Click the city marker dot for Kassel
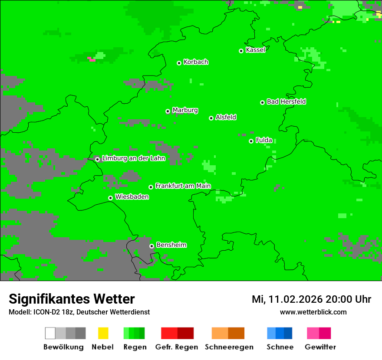[x=241, y=51]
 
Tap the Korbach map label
[x=196, y=62]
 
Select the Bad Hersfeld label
[x=286, y=101]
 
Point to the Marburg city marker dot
[x=168, y=111]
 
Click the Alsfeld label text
[x=226, y=117]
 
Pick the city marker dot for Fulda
[x=251, y=141]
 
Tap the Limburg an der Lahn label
[x=133, y=158]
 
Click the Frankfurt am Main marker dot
[x=151, y=187]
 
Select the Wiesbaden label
[x=132, y=197]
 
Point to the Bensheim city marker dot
[x=152, y=246]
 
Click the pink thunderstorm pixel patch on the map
[x=92, y=59]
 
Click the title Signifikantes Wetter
[x=72, y=299]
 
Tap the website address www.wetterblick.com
[x=313, y=312]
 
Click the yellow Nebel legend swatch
[x=103, y=333]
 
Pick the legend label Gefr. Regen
[x=177, y=347]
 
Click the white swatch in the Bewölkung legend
[x=50, y=333]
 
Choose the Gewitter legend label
[x=320, y=347]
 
